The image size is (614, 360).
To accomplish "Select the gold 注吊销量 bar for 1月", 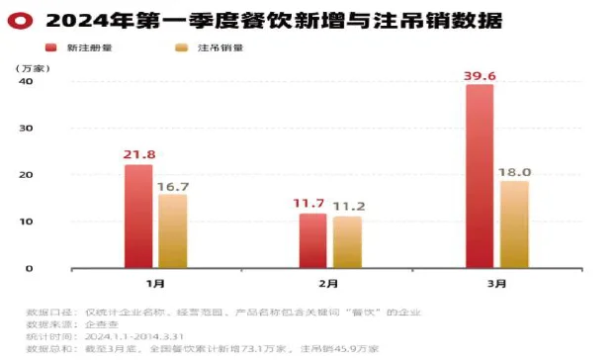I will coord(173,230).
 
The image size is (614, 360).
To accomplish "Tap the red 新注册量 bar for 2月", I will coord(313,240).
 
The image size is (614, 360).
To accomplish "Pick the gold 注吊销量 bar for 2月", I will coord(347,241).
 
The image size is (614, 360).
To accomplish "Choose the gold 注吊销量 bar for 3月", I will coord(514,225).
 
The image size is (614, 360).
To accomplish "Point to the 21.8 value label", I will coord(139,154).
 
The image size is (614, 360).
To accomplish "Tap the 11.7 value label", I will coord(313,204).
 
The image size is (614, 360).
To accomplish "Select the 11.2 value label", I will coord(349,206).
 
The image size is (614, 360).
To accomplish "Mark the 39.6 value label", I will coord(480,73).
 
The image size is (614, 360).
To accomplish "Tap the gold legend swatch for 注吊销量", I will coord(181,47).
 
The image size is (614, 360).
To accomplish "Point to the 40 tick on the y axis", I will coord(28,82).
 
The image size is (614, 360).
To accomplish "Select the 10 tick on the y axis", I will coord(28,222).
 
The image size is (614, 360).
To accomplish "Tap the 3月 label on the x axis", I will coord(497,284).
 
